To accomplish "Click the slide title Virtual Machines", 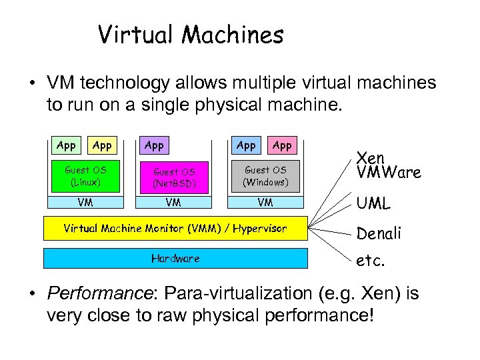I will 191,35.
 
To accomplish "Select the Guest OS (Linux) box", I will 85,175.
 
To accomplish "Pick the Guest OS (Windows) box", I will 265,175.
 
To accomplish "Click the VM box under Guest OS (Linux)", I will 85,201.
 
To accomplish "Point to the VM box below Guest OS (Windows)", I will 265,201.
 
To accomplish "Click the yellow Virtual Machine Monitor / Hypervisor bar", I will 175,229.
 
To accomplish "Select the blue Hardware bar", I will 175,258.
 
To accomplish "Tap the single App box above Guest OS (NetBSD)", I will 154,145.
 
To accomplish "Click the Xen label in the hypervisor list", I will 371,158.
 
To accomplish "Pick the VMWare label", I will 389,173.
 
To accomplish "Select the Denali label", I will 379,233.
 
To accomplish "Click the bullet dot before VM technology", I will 31,84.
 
